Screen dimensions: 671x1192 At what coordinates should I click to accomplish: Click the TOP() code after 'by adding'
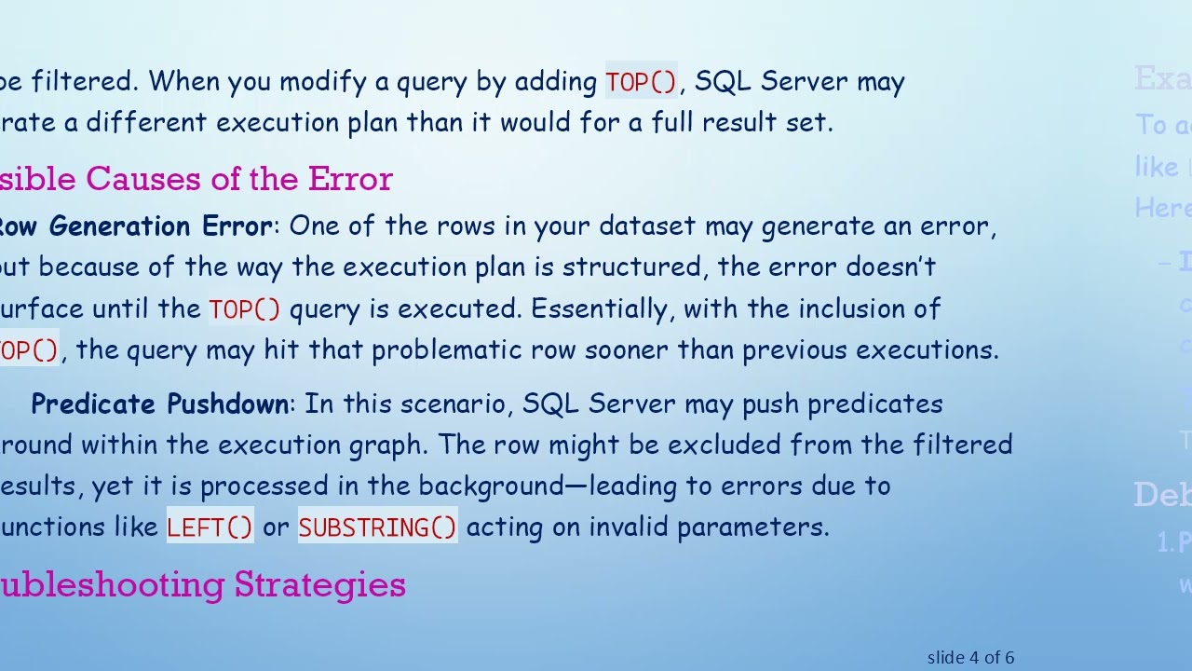tap(641, 82)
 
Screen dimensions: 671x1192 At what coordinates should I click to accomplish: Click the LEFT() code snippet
tap(210, 527)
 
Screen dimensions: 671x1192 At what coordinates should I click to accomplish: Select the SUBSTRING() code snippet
tap(377, 527)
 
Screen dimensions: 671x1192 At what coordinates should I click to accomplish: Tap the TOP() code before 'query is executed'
tap(244, 309)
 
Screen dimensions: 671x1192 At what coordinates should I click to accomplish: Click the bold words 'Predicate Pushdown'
tap(159, 404)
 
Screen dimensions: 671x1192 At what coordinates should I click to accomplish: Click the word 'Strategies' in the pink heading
tap(319, 584)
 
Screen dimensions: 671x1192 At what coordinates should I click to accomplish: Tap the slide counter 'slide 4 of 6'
tap(970, 657)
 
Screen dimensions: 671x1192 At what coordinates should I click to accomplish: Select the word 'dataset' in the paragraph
tap(647, 226)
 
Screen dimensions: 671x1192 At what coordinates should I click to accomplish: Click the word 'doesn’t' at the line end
tap(890, 267)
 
